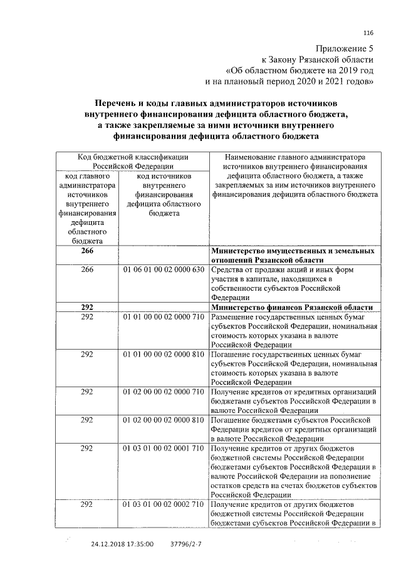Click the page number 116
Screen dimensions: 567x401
[x=368, y=33]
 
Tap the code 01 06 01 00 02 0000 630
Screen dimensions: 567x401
[x=164, y=270]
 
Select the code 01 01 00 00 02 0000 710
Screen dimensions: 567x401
[x=164, y=318]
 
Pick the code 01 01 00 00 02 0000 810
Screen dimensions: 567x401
[x=164, y=355]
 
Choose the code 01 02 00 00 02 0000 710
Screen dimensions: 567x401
[x=164, y=392]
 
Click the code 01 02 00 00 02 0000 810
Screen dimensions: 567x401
[x=164, y=419]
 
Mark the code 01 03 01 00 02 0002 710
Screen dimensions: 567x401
[x=164, y=504]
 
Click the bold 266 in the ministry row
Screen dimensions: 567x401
[x=87, y=251]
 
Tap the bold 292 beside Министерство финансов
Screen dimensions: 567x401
[x=87, y=307]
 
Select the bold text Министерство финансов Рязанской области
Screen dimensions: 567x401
[x=292, y=307]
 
